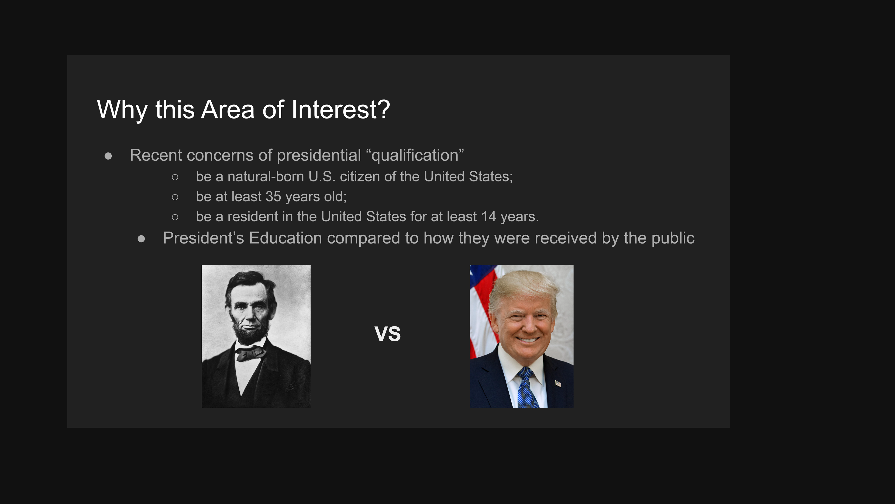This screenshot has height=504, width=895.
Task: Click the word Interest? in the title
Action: pos(341,109)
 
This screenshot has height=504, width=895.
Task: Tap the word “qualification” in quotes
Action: pos(415,155)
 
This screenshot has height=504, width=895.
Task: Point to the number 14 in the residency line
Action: pos(489,216)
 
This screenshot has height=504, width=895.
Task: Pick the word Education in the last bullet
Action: pos(285,238)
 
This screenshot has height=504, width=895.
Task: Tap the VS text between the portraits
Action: pos(387,334)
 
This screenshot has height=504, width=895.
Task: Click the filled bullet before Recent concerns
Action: pos(108,156)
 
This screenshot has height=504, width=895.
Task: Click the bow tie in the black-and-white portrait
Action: pos(250,354)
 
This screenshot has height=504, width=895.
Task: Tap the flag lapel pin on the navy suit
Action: pos(558,384)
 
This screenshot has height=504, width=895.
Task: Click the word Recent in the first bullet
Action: pos(156,155)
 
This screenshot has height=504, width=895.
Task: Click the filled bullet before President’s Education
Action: pos(141,239)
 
